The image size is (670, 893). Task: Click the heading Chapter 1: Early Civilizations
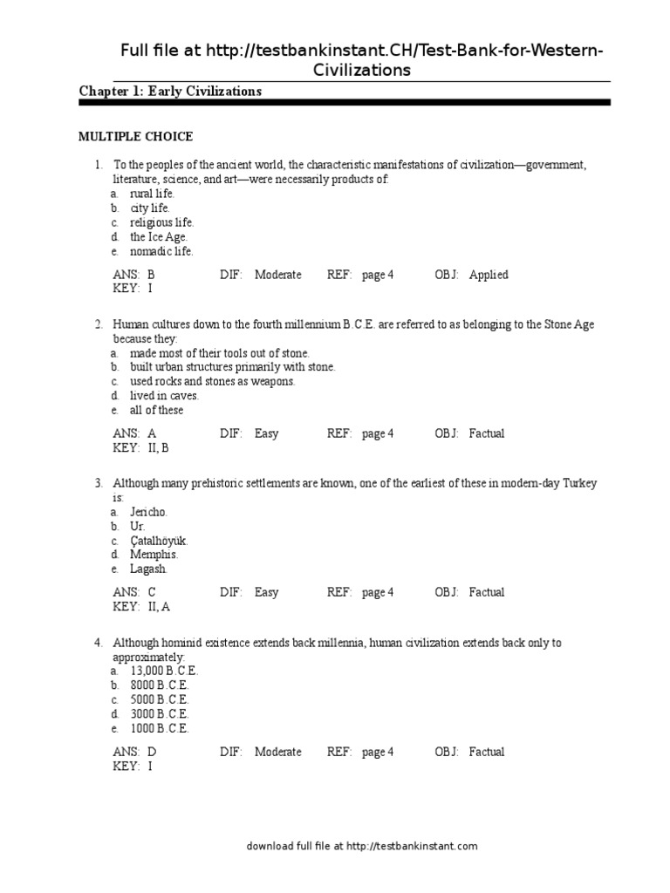[x=170, y=92]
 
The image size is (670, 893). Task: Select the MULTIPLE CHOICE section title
[x=135, y=137]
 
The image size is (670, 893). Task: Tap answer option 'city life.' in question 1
[x=150, y=208]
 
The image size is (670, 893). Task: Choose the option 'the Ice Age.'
[x=159, y=236]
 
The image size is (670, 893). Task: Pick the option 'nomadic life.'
[x=161, y=251]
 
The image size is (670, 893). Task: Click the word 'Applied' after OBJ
[x=489, y=275]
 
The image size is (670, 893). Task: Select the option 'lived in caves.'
[x=165, y=395]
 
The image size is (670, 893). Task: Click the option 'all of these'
[x=157, y=410]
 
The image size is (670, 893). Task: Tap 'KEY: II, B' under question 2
[x=140, y=447]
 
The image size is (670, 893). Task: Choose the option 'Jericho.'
[x=149, y=512]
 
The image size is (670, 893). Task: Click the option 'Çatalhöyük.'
[x=159, y=541]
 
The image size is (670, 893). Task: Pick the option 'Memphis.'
[x=154, y=555]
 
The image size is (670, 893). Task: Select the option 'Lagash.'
[x=148, y=569]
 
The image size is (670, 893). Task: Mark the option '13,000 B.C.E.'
[x=164, y=671]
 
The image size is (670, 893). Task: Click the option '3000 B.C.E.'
[x=160, y=713]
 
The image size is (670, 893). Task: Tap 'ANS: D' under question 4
[x=134, y=752]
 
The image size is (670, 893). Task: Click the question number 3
[x=99, y=483]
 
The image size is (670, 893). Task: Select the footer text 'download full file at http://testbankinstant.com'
[x=362, y=846]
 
